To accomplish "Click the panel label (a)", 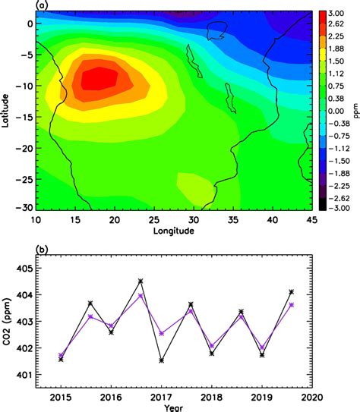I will pyautogui.click(x=43, y=5).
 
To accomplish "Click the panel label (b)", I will pyautogui.click(x=43, y=248).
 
